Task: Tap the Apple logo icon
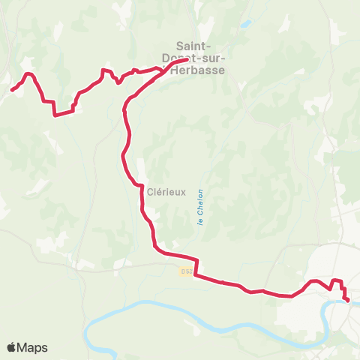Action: [11, 348]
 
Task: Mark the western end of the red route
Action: [12, 90]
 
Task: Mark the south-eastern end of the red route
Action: [348, 301]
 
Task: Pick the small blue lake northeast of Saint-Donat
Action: [244, 24]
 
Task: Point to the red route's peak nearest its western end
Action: [29, 73]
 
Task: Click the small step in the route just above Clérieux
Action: [139, 185]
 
